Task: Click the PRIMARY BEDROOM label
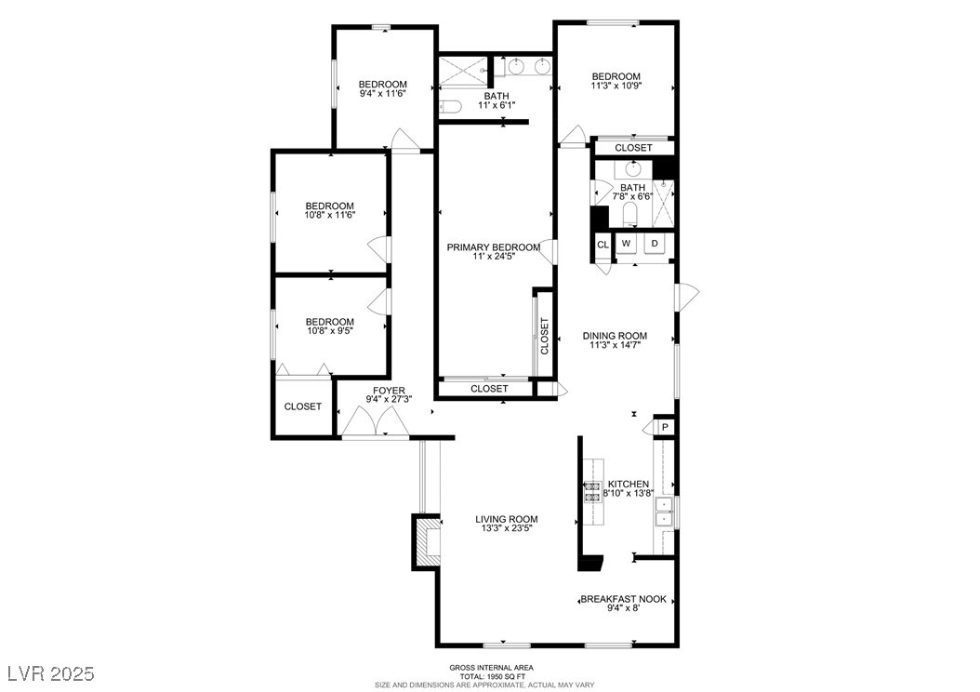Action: [493, 247]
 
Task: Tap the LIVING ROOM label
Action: [506, 519]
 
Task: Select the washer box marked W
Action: [627, 243]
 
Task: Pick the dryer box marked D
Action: [655, 243]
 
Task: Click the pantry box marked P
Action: [665, 428]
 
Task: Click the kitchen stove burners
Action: [592, 492]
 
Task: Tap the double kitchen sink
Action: [663, 512]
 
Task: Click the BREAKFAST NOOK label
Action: [624, 599]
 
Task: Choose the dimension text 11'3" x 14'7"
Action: [615, 344]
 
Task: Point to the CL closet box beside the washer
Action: [603, 245]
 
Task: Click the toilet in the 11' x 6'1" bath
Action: [449, 106]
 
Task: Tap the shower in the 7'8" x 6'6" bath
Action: [663, 203]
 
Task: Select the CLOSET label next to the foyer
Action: [302, 406]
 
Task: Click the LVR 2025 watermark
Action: [51, 673]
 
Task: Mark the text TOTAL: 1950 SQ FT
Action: [492, 676]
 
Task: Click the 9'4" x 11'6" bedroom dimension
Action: [382, 93]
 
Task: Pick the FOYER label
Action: [389, 391]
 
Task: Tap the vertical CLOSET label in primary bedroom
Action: [544, 337]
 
